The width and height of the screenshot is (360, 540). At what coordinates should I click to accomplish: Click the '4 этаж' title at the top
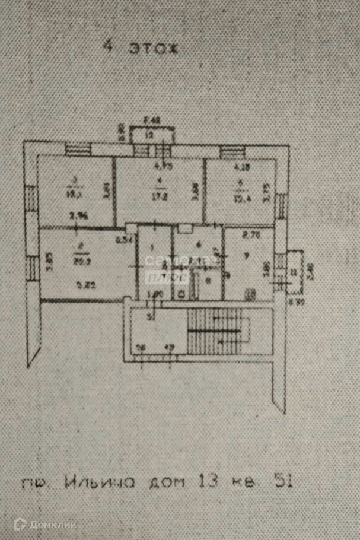141,48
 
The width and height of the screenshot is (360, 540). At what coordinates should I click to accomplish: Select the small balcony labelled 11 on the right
293,272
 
